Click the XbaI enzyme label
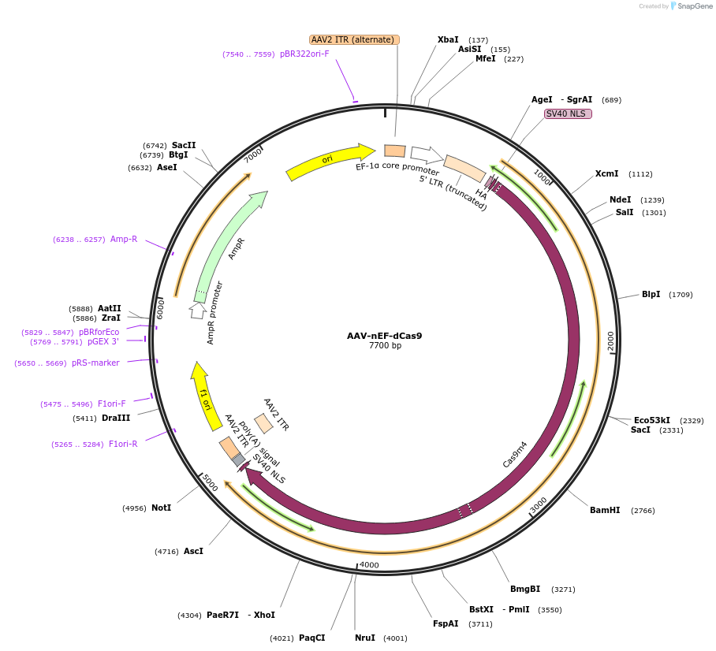[x=448, y=39]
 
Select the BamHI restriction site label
[x=605, y=510]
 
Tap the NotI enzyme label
[x=161, y=508]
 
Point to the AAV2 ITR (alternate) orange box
[x=354, y=39]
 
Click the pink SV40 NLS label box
[x=568, y=113]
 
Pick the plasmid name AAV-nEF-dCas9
[x=384, y=336]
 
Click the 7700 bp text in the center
[x=385, y=346]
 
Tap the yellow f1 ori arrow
[x=204, y=396]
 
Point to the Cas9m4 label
[x=515, y=455]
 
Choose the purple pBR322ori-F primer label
[x=304, y=54]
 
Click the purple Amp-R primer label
[x=124, y=239]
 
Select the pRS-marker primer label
[x=95, y=363]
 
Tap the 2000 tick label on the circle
[x=611, y=340]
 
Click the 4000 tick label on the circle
[x=369, y=565]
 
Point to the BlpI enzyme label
[x=651, y=294]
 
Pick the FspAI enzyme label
[x=446, y=623]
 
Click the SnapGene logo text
[x=695, y=6]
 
